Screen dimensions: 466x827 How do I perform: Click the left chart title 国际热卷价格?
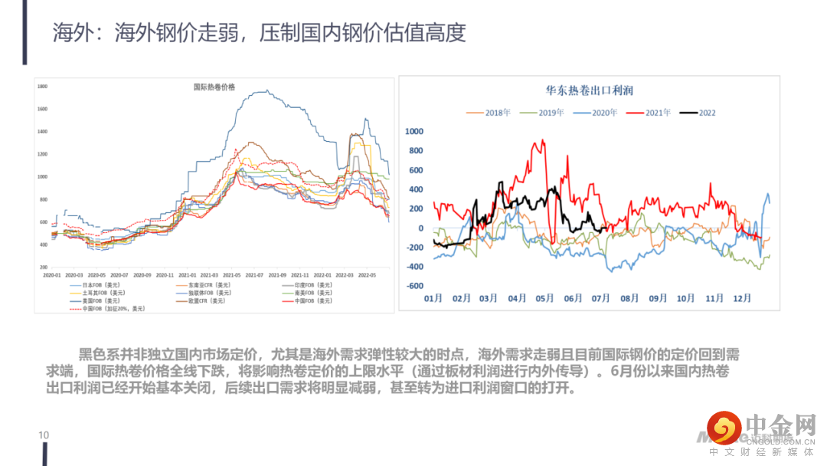[214, 87]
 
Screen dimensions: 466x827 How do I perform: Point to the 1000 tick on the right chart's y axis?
[413, 132]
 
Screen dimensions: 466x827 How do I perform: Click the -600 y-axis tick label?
[413, 286]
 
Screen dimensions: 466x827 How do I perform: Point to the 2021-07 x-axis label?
[255, 274]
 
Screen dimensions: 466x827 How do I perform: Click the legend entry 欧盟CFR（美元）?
[207, 300]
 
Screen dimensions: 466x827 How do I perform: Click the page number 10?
[44, 435]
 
